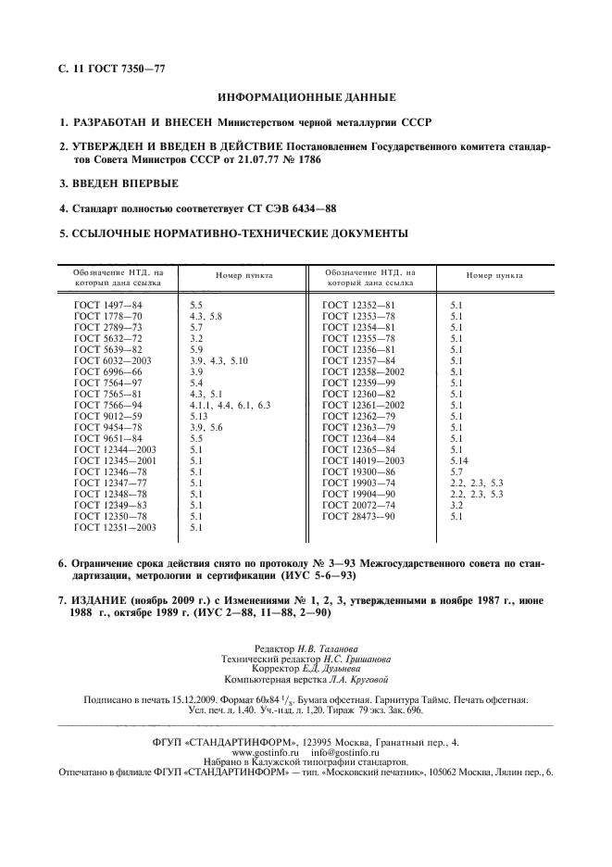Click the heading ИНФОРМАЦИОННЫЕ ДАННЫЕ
306,97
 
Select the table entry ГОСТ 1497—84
107,304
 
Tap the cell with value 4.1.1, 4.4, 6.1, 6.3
230,405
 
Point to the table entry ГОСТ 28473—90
358,517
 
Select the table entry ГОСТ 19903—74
358,484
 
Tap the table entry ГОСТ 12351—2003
115,528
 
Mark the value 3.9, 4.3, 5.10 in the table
219,360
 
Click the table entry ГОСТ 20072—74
358,506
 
